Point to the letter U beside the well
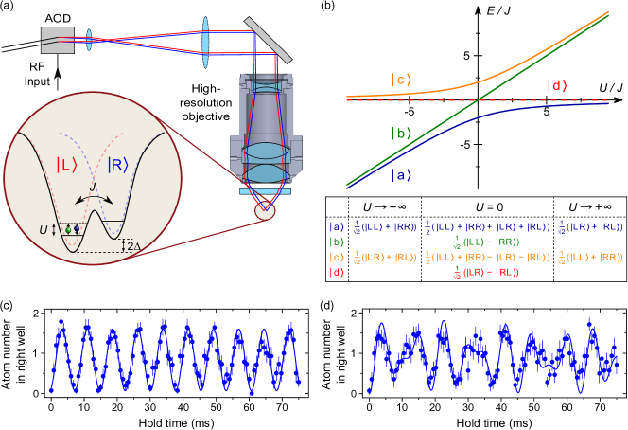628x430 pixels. pyautogui.click(x=41, y=228)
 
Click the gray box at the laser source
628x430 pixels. pyautogui.click(x=57, y=40)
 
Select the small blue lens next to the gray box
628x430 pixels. pyautogui.click(x=89, y=40)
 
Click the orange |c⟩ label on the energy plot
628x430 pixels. pyautogui.click(x=401, y=80)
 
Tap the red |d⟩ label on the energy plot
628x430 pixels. pyautogui.click(x=558, y=87)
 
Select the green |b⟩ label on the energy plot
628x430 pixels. pyautogui.click(x=402, y=133)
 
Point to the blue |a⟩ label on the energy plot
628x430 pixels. pyautogui.click(x=402, y=174)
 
